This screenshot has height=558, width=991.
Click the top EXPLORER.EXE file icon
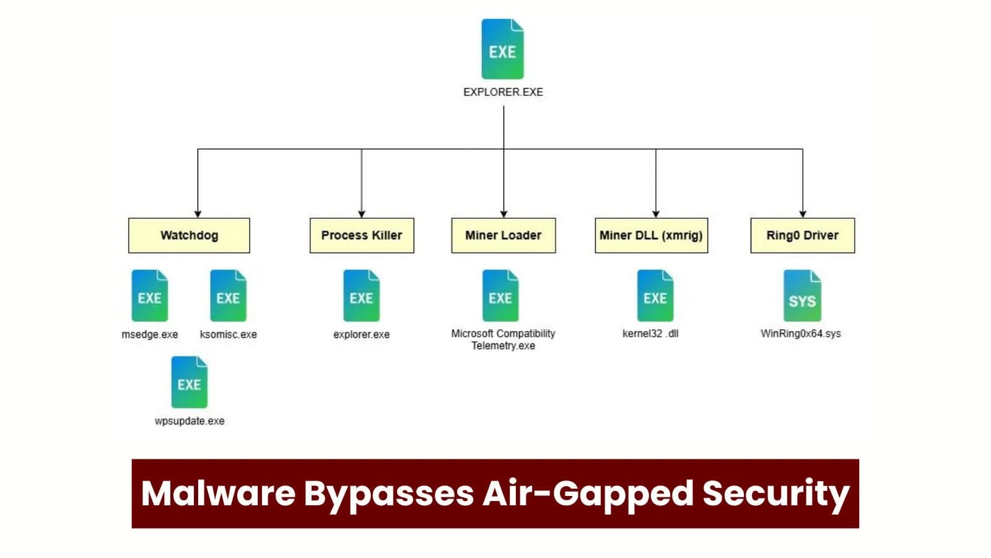click(x=502, y=49)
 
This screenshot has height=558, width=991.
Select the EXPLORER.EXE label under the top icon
click(x=503, y=92)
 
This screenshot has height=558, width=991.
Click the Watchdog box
click(x=189, y=235)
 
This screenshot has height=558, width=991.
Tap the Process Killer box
click(x=362, y=235)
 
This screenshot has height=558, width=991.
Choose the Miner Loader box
click(x=503, y=235)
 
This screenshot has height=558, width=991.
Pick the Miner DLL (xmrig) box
click(x=651, y=235)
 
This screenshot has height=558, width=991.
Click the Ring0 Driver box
click(x=802, y=235)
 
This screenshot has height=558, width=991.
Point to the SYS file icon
click(x=802, y=296)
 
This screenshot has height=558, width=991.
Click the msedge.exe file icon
click(x=149, y=295)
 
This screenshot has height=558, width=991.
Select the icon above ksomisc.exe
click(x=228, y=295)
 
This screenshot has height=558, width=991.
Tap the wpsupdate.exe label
click(x=190, y=421)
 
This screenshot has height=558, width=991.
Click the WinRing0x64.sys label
click(x=800, y=334)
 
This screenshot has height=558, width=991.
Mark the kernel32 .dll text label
click(x=650, y=334)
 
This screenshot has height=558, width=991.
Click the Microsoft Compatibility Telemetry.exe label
click(x=503, y=339)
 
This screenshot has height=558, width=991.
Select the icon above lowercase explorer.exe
click(x=361, y=295)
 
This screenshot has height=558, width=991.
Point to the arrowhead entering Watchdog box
click(x=198, y=214)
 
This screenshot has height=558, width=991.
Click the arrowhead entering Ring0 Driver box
click(x=803, y=214)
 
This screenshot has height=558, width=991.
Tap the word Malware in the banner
click(x=218, y=494)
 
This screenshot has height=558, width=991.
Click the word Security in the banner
click(x=775, y=494)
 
